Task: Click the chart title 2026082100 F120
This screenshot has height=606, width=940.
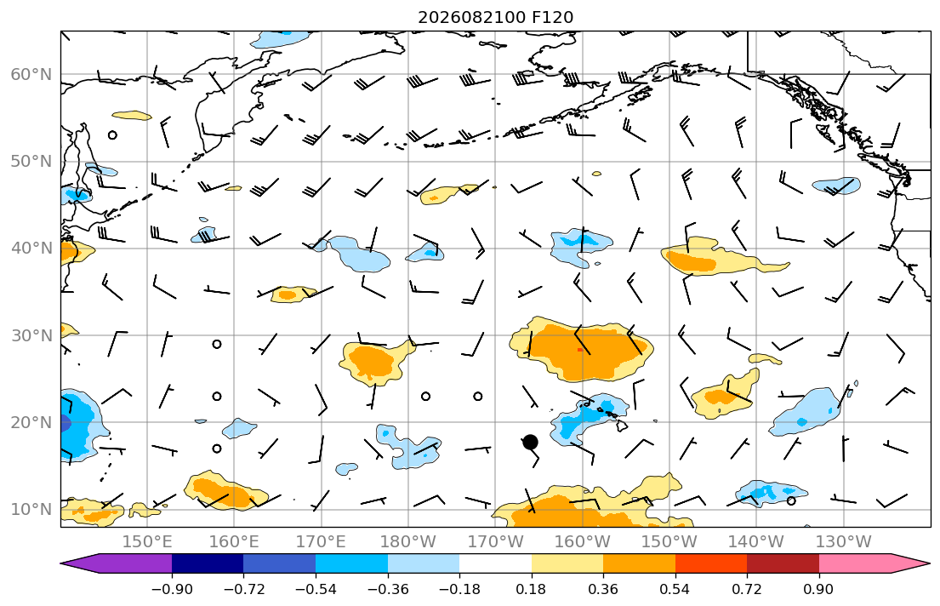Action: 495,17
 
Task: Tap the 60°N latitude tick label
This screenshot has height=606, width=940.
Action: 31,74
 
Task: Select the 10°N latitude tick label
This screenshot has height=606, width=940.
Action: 31,510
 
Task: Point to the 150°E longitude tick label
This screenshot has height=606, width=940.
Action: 147,542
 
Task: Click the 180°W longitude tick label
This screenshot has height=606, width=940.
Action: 408,542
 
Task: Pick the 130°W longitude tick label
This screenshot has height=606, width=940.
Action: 844,542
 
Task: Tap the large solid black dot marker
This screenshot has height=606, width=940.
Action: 530,443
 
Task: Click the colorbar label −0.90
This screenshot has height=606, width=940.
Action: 172,589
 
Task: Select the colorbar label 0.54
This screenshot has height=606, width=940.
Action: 675,589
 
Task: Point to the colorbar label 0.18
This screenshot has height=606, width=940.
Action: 531,589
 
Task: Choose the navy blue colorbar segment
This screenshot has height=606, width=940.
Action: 208,563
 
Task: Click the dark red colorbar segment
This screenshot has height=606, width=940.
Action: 783,563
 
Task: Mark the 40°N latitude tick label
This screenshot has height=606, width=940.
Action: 31,249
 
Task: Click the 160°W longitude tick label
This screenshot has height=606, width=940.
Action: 582,542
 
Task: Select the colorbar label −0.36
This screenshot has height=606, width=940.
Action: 387,589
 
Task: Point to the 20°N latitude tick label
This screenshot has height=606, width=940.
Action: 31,422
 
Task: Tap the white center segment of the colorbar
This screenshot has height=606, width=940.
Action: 495,563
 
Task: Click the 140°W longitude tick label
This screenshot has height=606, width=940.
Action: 756,542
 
